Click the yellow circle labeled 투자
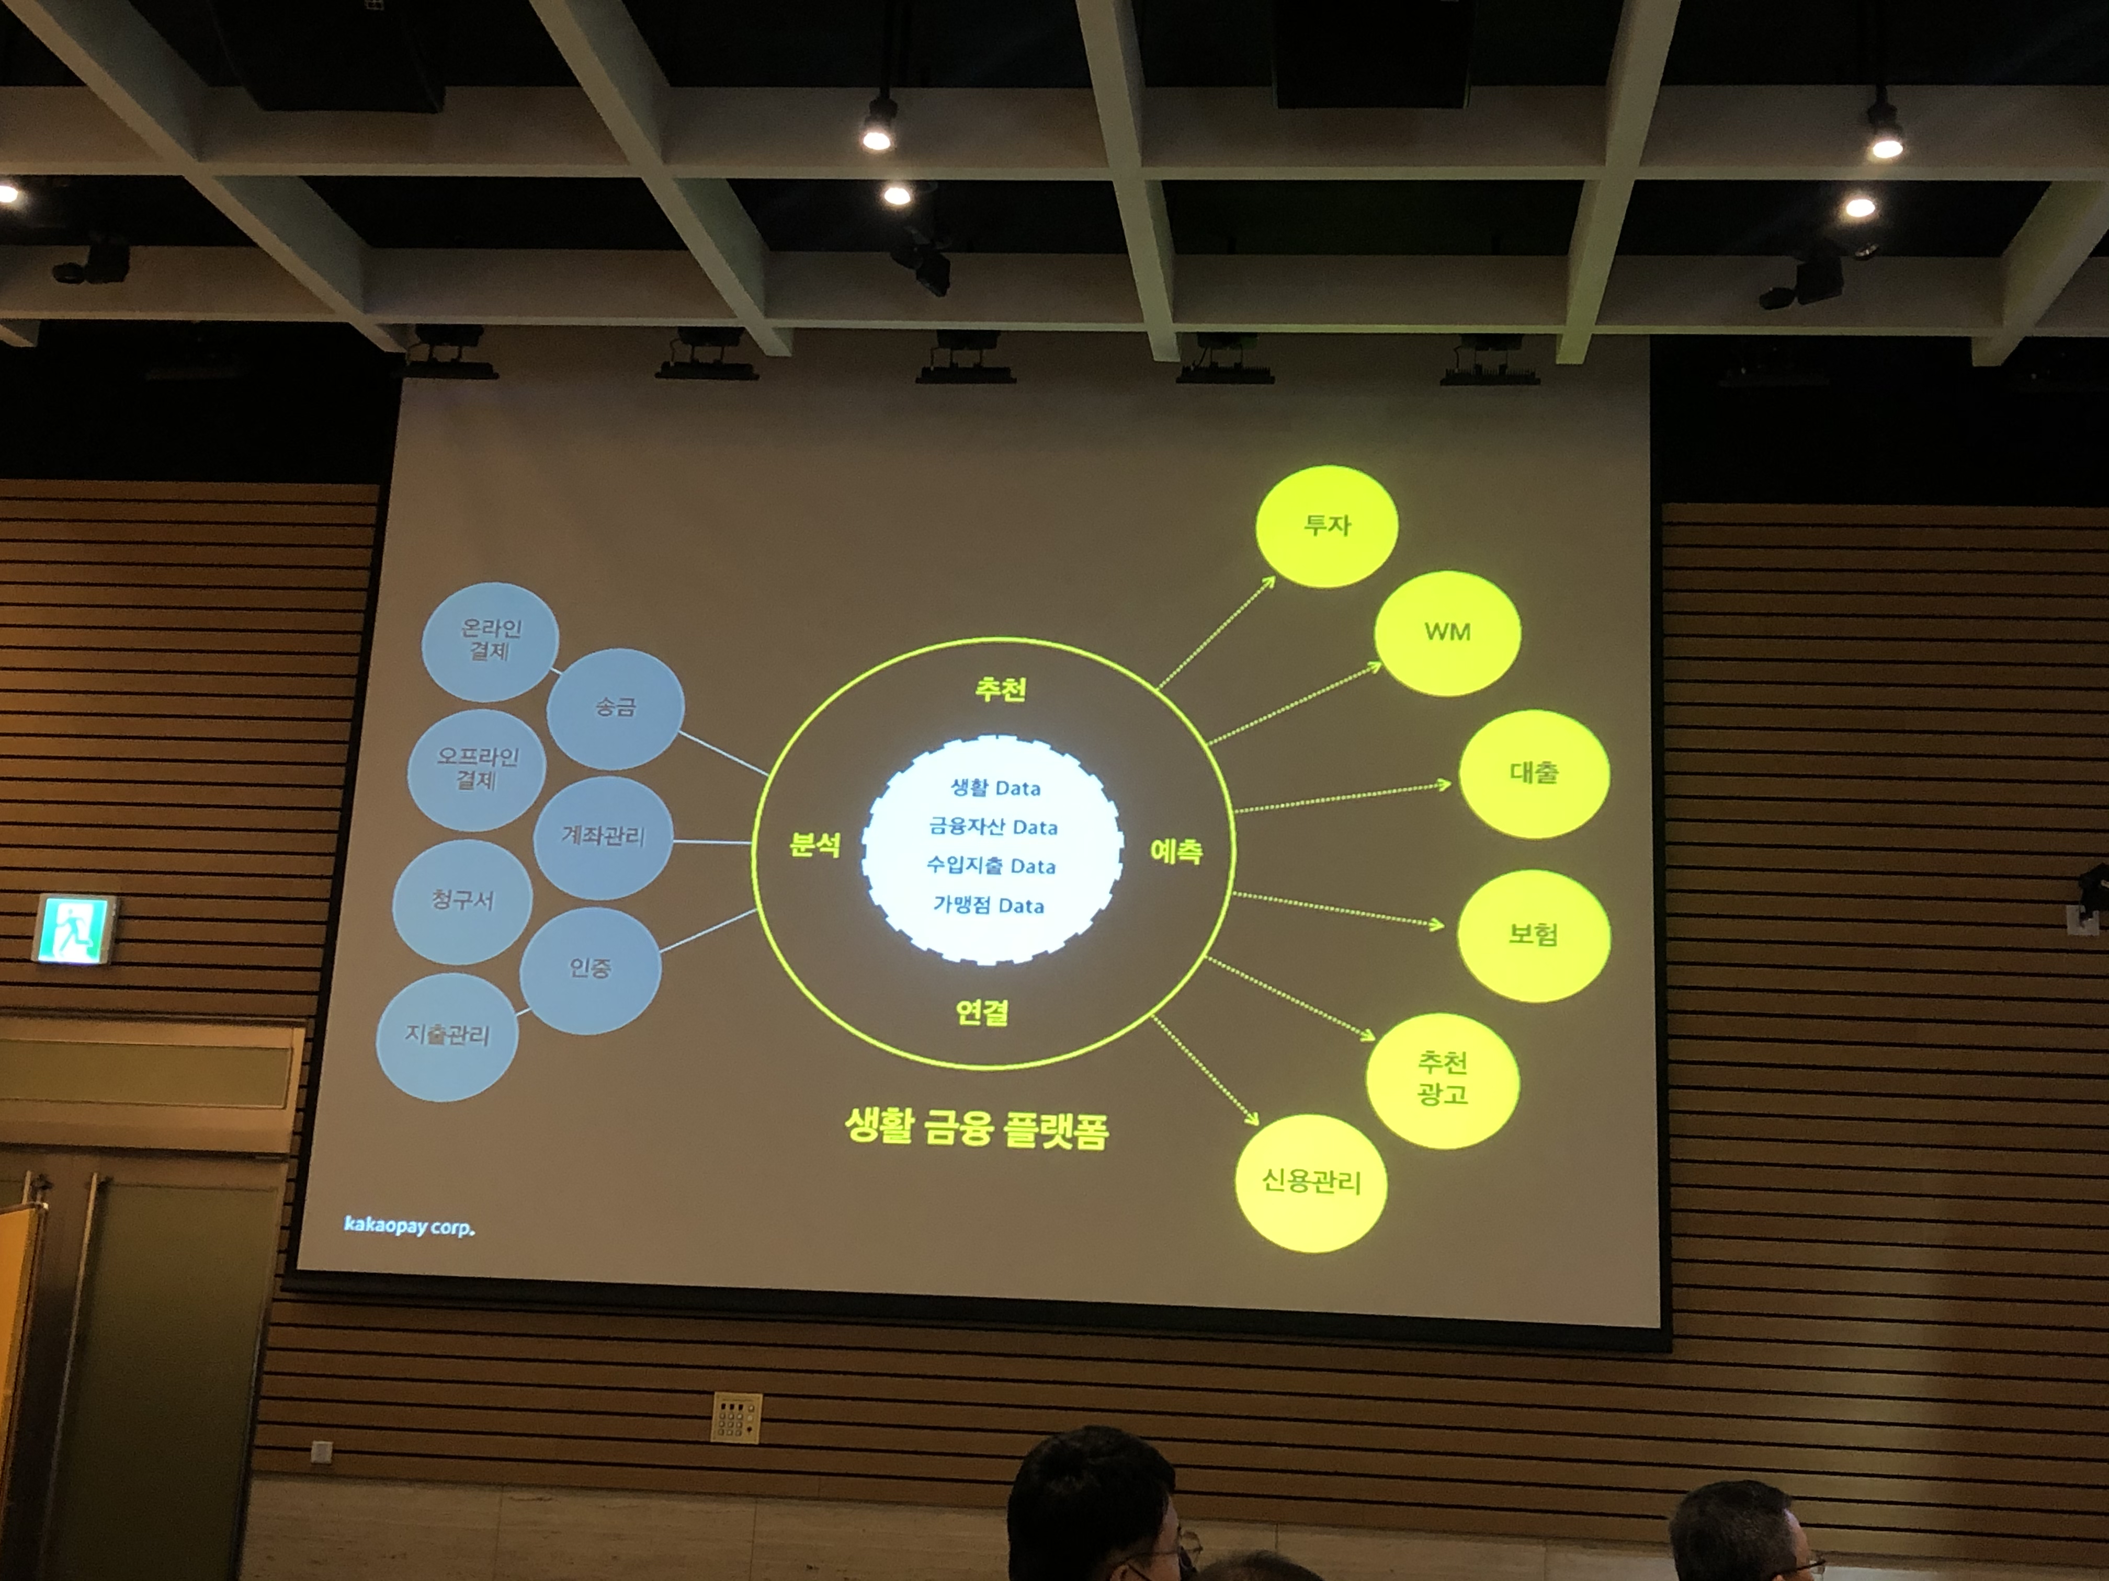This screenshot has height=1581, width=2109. point(1326,526)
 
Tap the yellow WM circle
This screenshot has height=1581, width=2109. point(1446,633)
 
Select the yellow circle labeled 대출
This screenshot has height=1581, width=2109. point(1533,773)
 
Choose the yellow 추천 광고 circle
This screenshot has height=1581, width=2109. point(1442,1080)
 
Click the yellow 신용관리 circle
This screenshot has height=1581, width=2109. point(1311,1183)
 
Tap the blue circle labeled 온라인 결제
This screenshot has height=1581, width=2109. point(490,640)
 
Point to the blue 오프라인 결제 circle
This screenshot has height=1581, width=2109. point(476,768)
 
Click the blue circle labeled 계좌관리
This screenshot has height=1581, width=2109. point(603,837)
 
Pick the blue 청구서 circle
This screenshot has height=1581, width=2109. point(462,901)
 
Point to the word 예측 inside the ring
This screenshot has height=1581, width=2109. point(1175,851)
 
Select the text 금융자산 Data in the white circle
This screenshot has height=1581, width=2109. point(993,827)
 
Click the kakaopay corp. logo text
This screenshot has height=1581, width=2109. point(409,1225)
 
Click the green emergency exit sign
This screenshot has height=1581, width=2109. point(75,929)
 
